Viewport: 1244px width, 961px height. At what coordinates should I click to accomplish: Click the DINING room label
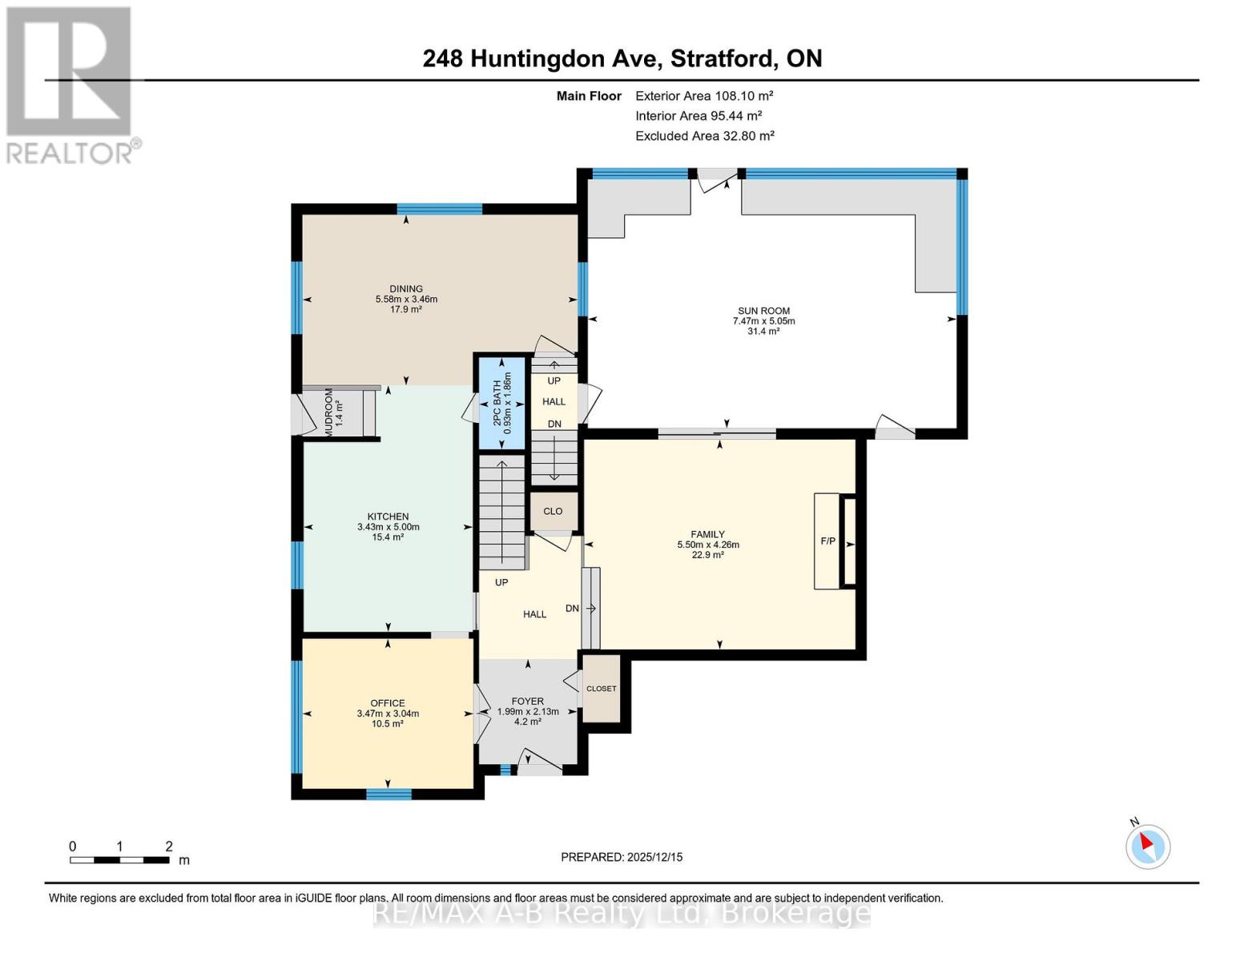click(406, 289)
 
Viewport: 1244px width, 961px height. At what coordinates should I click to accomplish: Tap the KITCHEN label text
click(388, 517)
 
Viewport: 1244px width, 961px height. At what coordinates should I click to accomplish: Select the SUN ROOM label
click(763, 311)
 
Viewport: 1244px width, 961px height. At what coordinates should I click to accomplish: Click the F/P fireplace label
click(827, 541)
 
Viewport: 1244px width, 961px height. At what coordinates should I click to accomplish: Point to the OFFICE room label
click(388, 703)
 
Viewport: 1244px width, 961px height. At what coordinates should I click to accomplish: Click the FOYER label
click(528, 701)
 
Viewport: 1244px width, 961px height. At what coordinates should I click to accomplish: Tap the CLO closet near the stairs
click(553, 511)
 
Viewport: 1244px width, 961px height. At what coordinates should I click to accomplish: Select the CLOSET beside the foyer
click(602, 689)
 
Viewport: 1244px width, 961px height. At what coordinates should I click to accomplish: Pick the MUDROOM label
click(328, 412)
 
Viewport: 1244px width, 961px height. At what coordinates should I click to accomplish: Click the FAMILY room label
click(708, 534)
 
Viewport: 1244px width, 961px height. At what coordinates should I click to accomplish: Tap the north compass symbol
click(1148, 846)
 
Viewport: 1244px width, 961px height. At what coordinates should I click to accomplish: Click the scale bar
click(119, 860)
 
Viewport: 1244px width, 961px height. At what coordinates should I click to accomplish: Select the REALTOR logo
click(70, 84)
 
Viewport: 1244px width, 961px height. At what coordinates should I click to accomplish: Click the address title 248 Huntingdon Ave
click(622, 58)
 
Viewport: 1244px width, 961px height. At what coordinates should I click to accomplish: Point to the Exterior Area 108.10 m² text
click(704, 95)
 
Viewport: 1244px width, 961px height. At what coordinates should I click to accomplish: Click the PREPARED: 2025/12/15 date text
click(622, 857)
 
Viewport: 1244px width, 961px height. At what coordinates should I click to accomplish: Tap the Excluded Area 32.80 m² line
click(705, 136)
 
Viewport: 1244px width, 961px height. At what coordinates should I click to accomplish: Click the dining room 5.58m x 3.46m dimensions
click(406, 300)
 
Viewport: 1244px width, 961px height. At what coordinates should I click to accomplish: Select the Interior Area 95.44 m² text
click(698, 116)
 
